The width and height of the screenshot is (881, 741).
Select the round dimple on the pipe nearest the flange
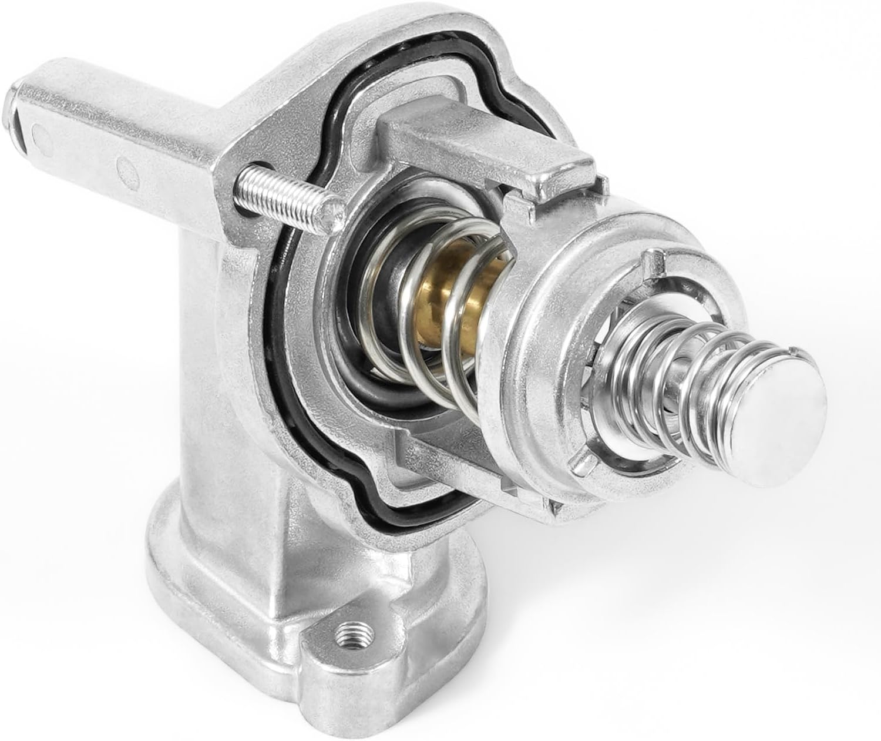point(126,170)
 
